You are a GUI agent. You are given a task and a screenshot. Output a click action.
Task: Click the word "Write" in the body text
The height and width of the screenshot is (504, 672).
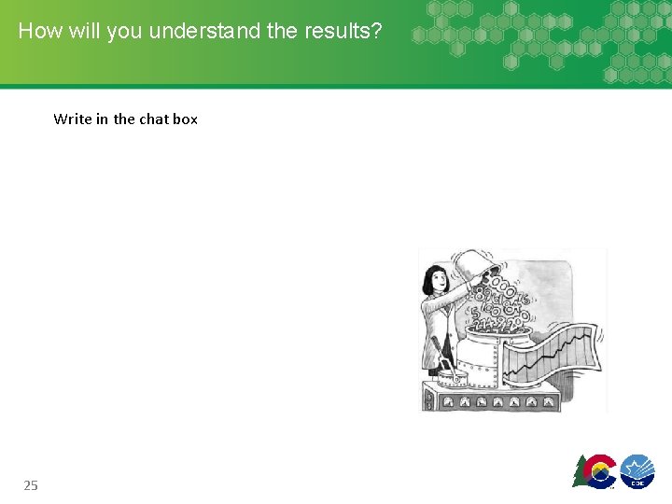(73, 119)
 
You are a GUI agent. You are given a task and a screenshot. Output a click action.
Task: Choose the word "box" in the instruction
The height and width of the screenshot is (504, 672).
(186, 119)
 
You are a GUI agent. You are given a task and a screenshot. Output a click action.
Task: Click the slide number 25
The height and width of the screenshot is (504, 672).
(31, 484)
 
